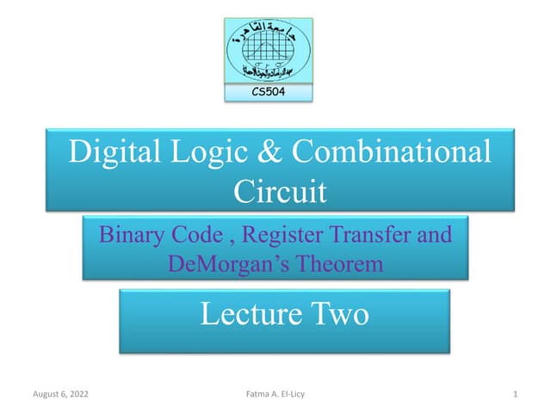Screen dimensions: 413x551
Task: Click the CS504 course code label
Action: pyautogui.click(x=269, y=90)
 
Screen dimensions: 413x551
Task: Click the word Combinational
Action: pyautogui.click(x=393, y=152)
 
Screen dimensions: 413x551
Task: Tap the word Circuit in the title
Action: pyautogui.click(x=280, y=190)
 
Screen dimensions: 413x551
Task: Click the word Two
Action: pyautogui.click(x=337, y=314)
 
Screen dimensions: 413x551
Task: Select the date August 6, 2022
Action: pyautogui.click(x=60, y=394)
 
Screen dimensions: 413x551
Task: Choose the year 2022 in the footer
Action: pyautogui.click(x=78, y=394)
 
